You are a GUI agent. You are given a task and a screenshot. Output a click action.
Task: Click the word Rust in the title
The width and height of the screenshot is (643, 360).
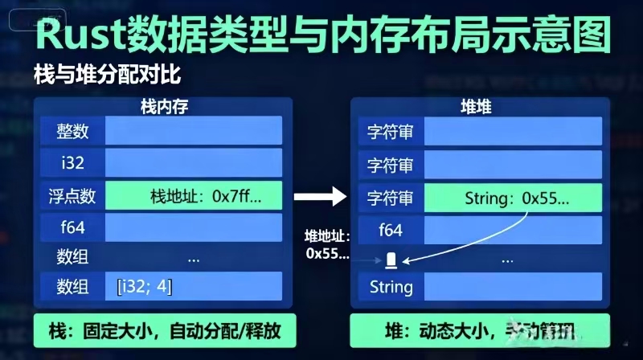pos(86,35)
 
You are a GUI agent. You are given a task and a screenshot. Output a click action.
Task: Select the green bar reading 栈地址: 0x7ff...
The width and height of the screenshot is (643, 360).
pos(194,195)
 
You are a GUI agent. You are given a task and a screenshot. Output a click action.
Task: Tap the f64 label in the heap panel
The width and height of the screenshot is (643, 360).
pos(391,230)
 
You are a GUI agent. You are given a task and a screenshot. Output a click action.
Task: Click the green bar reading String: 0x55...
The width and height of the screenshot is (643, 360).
pos(512,196)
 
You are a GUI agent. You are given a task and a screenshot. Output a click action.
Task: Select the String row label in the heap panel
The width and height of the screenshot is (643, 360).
pos(391,287)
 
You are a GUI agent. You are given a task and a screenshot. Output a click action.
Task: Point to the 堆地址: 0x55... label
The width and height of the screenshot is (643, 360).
pos(327,244)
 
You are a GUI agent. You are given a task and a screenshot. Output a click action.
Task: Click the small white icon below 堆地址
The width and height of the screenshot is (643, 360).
pos(391,260)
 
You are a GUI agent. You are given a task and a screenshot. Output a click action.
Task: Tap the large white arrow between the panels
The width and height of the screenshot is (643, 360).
pos(317,196)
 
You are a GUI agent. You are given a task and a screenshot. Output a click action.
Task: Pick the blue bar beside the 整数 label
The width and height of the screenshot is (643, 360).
pos(194,130)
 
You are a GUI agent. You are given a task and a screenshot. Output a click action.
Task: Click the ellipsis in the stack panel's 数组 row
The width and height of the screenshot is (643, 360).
pos(193,260)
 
